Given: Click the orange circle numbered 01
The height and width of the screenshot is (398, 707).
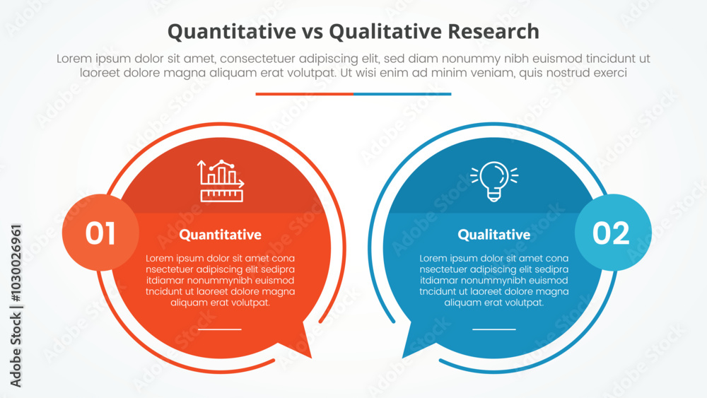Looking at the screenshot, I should (100, 233).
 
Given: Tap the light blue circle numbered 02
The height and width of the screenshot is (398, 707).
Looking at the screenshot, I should (612, 233).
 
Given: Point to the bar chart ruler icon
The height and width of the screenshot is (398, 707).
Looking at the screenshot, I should (221, 181).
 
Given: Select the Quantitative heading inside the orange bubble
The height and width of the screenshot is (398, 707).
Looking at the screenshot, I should (220, 235).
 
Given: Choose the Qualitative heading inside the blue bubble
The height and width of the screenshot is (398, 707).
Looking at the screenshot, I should (493, 235).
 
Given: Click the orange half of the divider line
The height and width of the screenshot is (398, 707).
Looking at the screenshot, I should (304, 93).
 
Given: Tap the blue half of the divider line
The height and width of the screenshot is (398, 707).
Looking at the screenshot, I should (402, 93).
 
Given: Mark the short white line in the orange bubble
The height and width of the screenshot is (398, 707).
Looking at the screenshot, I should (220, 329).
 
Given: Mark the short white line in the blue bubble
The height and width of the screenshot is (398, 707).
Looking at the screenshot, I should (493, 329).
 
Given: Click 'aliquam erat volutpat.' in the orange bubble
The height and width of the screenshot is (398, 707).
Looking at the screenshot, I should (220, 302).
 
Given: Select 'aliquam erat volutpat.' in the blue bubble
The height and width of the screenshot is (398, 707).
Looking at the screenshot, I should (493, 302).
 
